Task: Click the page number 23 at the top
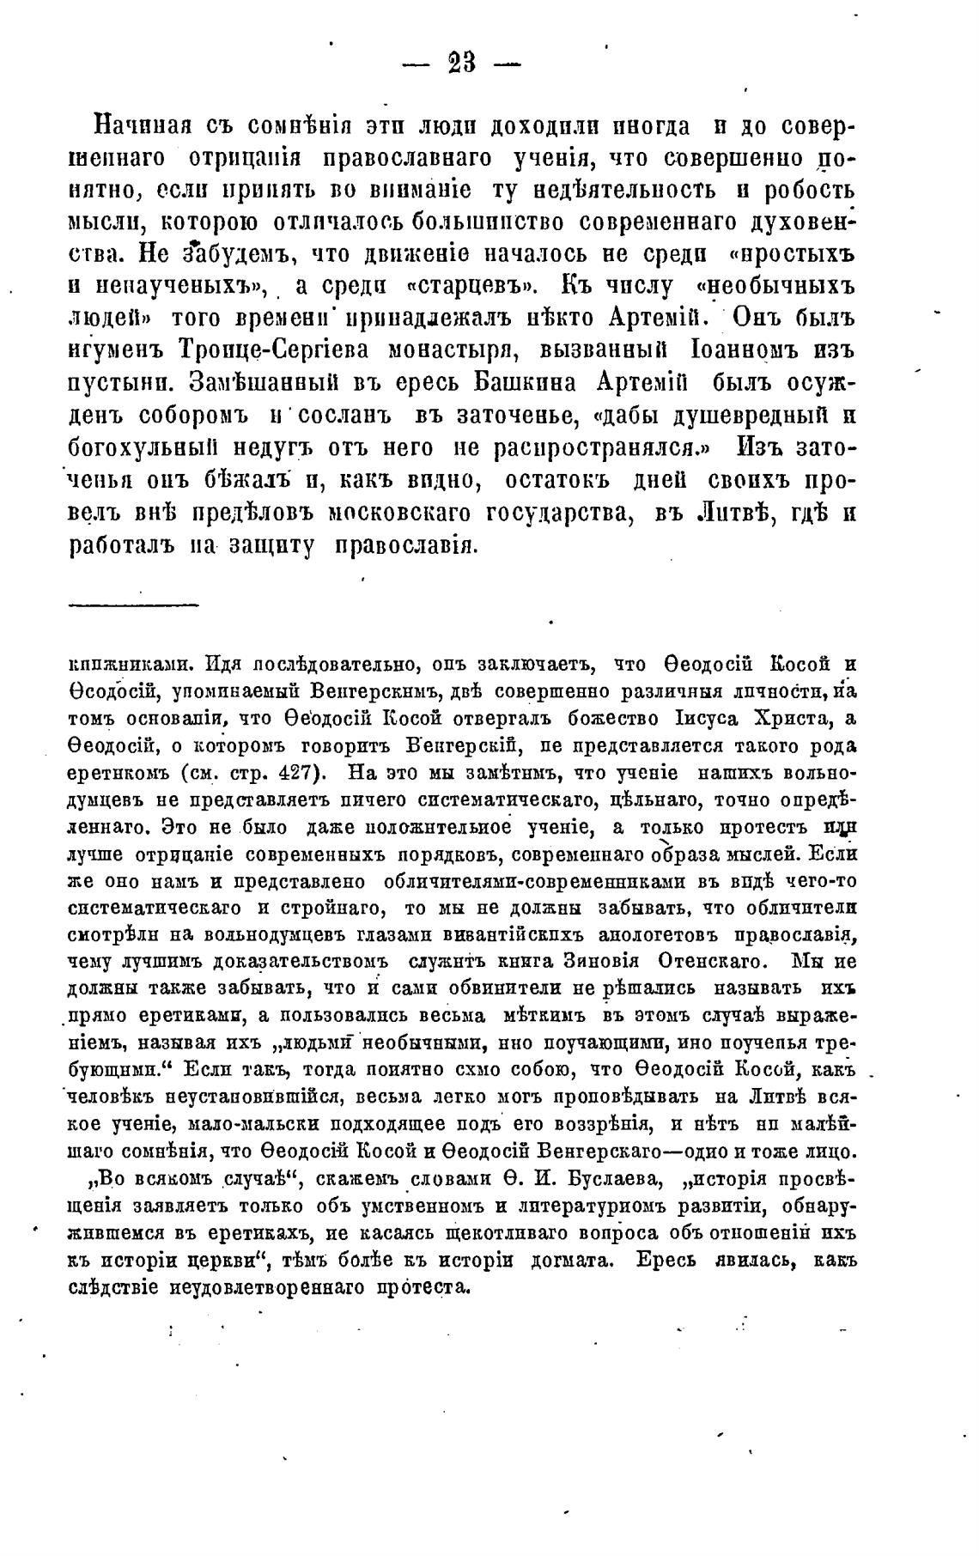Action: tap(461, 65)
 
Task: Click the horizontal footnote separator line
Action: tap(133, 607)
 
